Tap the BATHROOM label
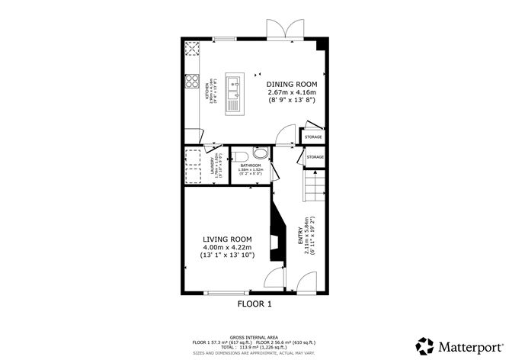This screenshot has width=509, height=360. click(x=251, y=166)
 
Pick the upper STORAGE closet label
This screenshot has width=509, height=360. click(x=313, y=137)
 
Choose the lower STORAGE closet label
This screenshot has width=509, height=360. click(x=315, y=157)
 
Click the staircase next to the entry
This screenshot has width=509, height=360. click(x=313, y=185)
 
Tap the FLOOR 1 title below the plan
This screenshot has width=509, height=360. click(x=254, y=304)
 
